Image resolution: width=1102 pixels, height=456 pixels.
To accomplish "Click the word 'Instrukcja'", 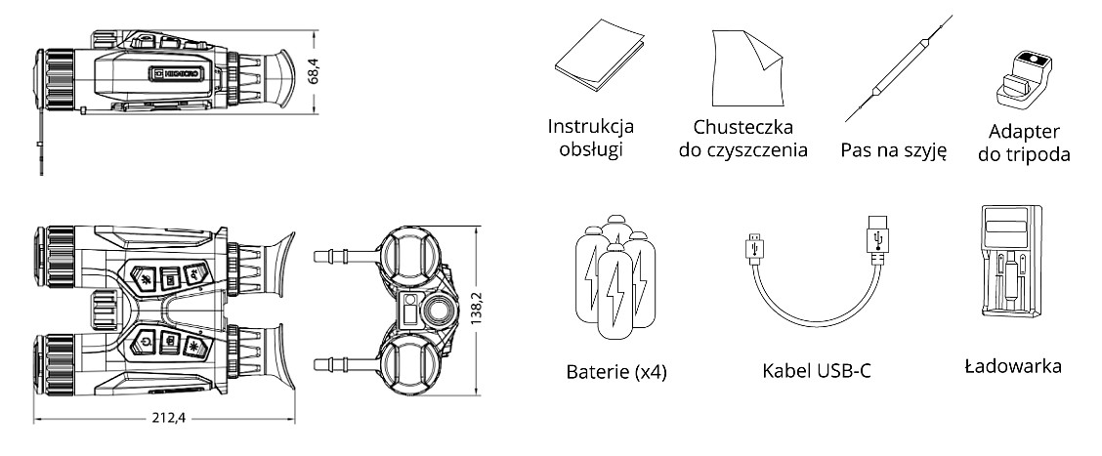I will (591, 127).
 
